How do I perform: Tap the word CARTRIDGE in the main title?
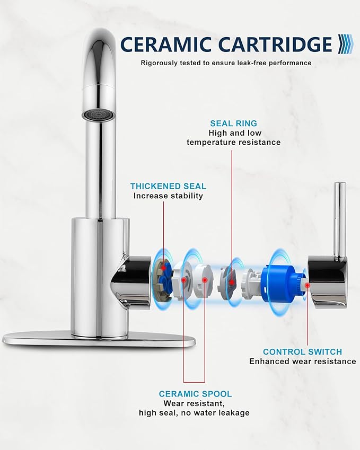click(275, 44)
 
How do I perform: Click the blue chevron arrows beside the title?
click(345, 44)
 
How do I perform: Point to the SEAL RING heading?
click(233, 123)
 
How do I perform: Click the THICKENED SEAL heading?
click(168, 186)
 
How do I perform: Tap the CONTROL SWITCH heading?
click(303, 352)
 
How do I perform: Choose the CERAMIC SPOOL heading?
click(195, 394)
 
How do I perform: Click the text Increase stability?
click(168, 196)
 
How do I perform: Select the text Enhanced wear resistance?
click(303, 361)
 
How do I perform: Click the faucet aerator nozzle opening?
click(98, 114)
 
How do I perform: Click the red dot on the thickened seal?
click(163, 268)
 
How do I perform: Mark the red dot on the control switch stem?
click(308, 286)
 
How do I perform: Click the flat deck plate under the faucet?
click(99, 340)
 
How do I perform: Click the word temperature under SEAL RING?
click(213, 143)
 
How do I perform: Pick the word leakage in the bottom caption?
click(234, 413)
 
